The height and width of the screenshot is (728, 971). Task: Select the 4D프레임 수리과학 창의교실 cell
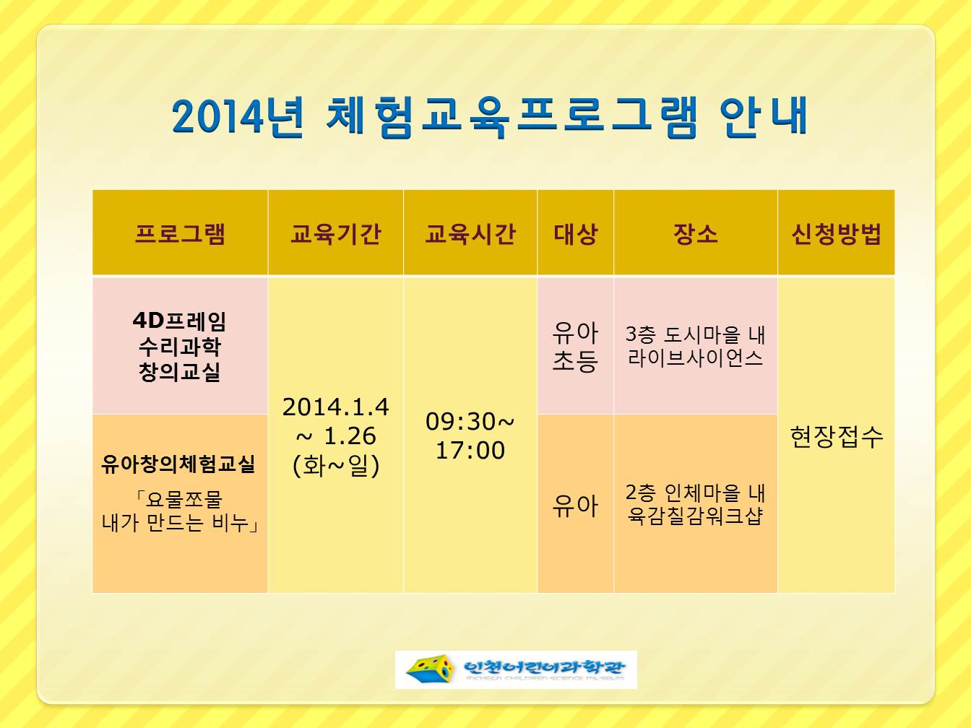coord(179,346)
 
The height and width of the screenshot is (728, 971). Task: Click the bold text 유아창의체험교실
coord(178,464)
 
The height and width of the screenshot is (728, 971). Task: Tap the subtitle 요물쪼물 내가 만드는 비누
coord(180,511)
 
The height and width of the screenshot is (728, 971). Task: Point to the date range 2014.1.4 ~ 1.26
coord(336,421)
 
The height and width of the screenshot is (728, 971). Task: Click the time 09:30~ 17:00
coord(470,435)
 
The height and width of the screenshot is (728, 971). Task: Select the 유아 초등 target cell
coord(576,346)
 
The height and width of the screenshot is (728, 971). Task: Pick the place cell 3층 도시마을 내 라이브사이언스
coord(696,346)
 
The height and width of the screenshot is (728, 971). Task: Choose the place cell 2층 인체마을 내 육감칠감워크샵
coord(696,504)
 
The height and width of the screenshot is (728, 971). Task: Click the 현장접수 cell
coord(836,437)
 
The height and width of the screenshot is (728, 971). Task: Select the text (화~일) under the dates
coord(336,465)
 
